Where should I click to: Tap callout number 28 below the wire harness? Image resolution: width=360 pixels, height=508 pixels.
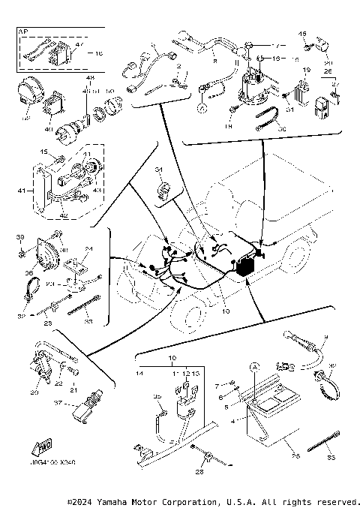(x=199, y=472)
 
